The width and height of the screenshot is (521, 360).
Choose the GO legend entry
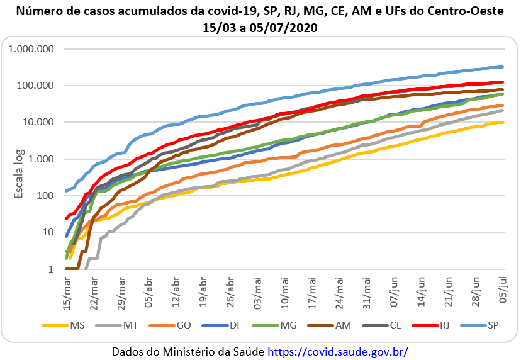point(184,325)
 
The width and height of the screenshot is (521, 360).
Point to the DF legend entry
point(235,325)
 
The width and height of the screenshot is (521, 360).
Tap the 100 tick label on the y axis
point(48,196)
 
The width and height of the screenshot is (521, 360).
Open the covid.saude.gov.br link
point(338,351)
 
